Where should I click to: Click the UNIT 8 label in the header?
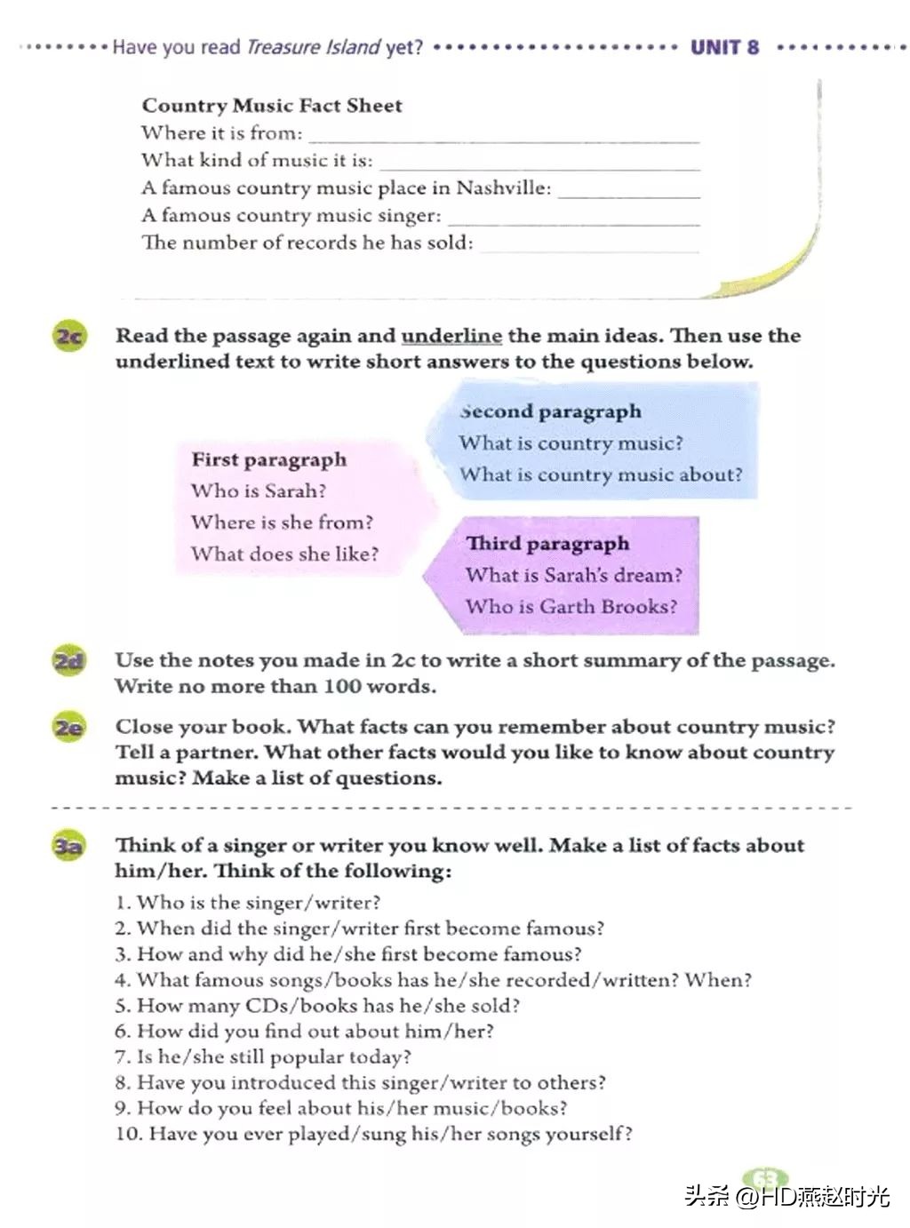pyautogui.click(x=724, y=47)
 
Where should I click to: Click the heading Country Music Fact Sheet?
pyautogui.click(x=272, y=106)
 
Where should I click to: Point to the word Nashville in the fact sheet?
pyautogui.click(x=503, y=188)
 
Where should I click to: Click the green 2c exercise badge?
pyautogui.click(x=69, y=337)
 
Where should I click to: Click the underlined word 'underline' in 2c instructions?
pyautogui.click(x=451, y=336)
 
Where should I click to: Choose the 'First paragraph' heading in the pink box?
pyautogui.click(x=269, y=459)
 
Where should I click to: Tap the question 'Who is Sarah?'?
pyautogui.click(x=259, y=490)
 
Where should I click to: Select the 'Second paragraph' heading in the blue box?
pyautogui.click(x=551, y=411)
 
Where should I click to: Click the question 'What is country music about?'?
pyautogui.click(x=601, y=474)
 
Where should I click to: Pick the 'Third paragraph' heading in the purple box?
pyautogui.click(x=547, y=543)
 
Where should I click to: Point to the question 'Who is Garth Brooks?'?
pyautogui.click(x=571, y=607)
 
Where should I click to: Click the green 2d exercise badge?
pyautogui.click(x=69, y=662)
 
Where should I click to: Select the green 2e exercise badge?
pyautogui.click(x=69, y=728)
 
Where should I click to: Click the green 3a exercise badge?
pyautogui.click(x=69, y=847)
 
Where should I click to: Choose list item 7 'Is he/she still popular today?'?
pyautogui.click(x=263, y=1057)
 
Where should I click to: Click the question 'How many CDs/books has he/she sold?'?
pyautogui.click(x=317, y=1005)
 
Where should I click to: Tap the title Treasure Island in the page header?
pyautogui.click(x=313, y=47)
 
